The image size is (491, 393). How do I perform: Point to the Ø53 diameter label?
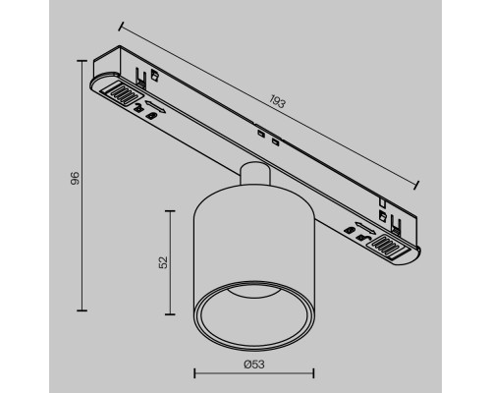click(253, 363)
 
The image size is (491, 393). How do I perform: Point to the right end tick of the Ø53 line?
click(313, 373)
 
